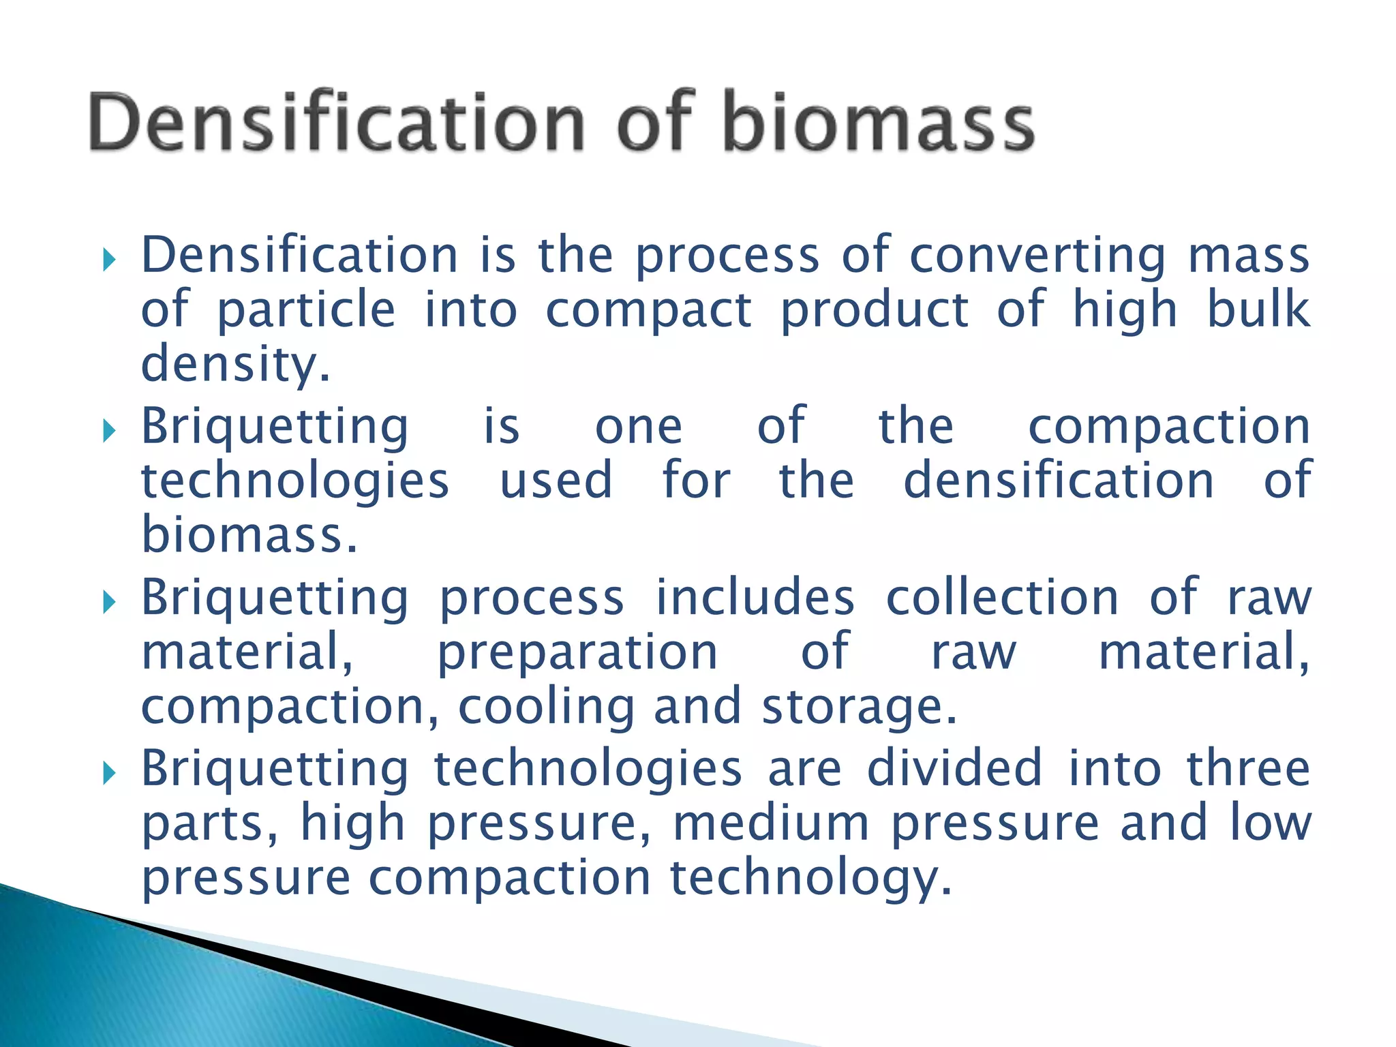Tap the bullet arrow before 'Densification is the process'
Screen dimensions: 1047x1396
(109, 259)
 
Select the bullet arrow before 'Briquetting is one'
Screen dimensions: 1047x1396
(109, 430)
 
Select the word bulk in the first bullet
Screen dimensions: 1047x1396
(1258, 310)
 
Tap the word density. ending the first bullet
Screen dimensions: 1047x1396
(235, 365)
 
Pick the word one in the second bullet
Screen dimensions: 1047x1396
(639, 427)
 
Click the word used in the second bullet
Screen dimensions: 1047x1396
(556, 481)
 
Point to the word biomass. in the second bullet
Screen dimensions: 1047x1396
(249, 535)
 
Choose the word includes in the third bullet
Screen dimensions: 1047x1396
(755, 598)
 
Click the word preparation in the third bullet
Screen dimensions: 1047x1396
(577, 652)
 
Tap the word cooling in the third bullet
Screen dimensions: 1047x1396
(546, 707)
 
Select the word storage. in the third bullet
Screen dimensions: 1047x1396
(860, 707)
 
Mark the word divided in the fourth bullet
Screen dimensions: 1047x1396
(954, 770)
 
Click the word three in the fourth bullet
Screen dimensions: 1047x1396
(1248, 770)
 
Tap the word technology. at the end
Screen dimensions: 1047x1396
(810, 878)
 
